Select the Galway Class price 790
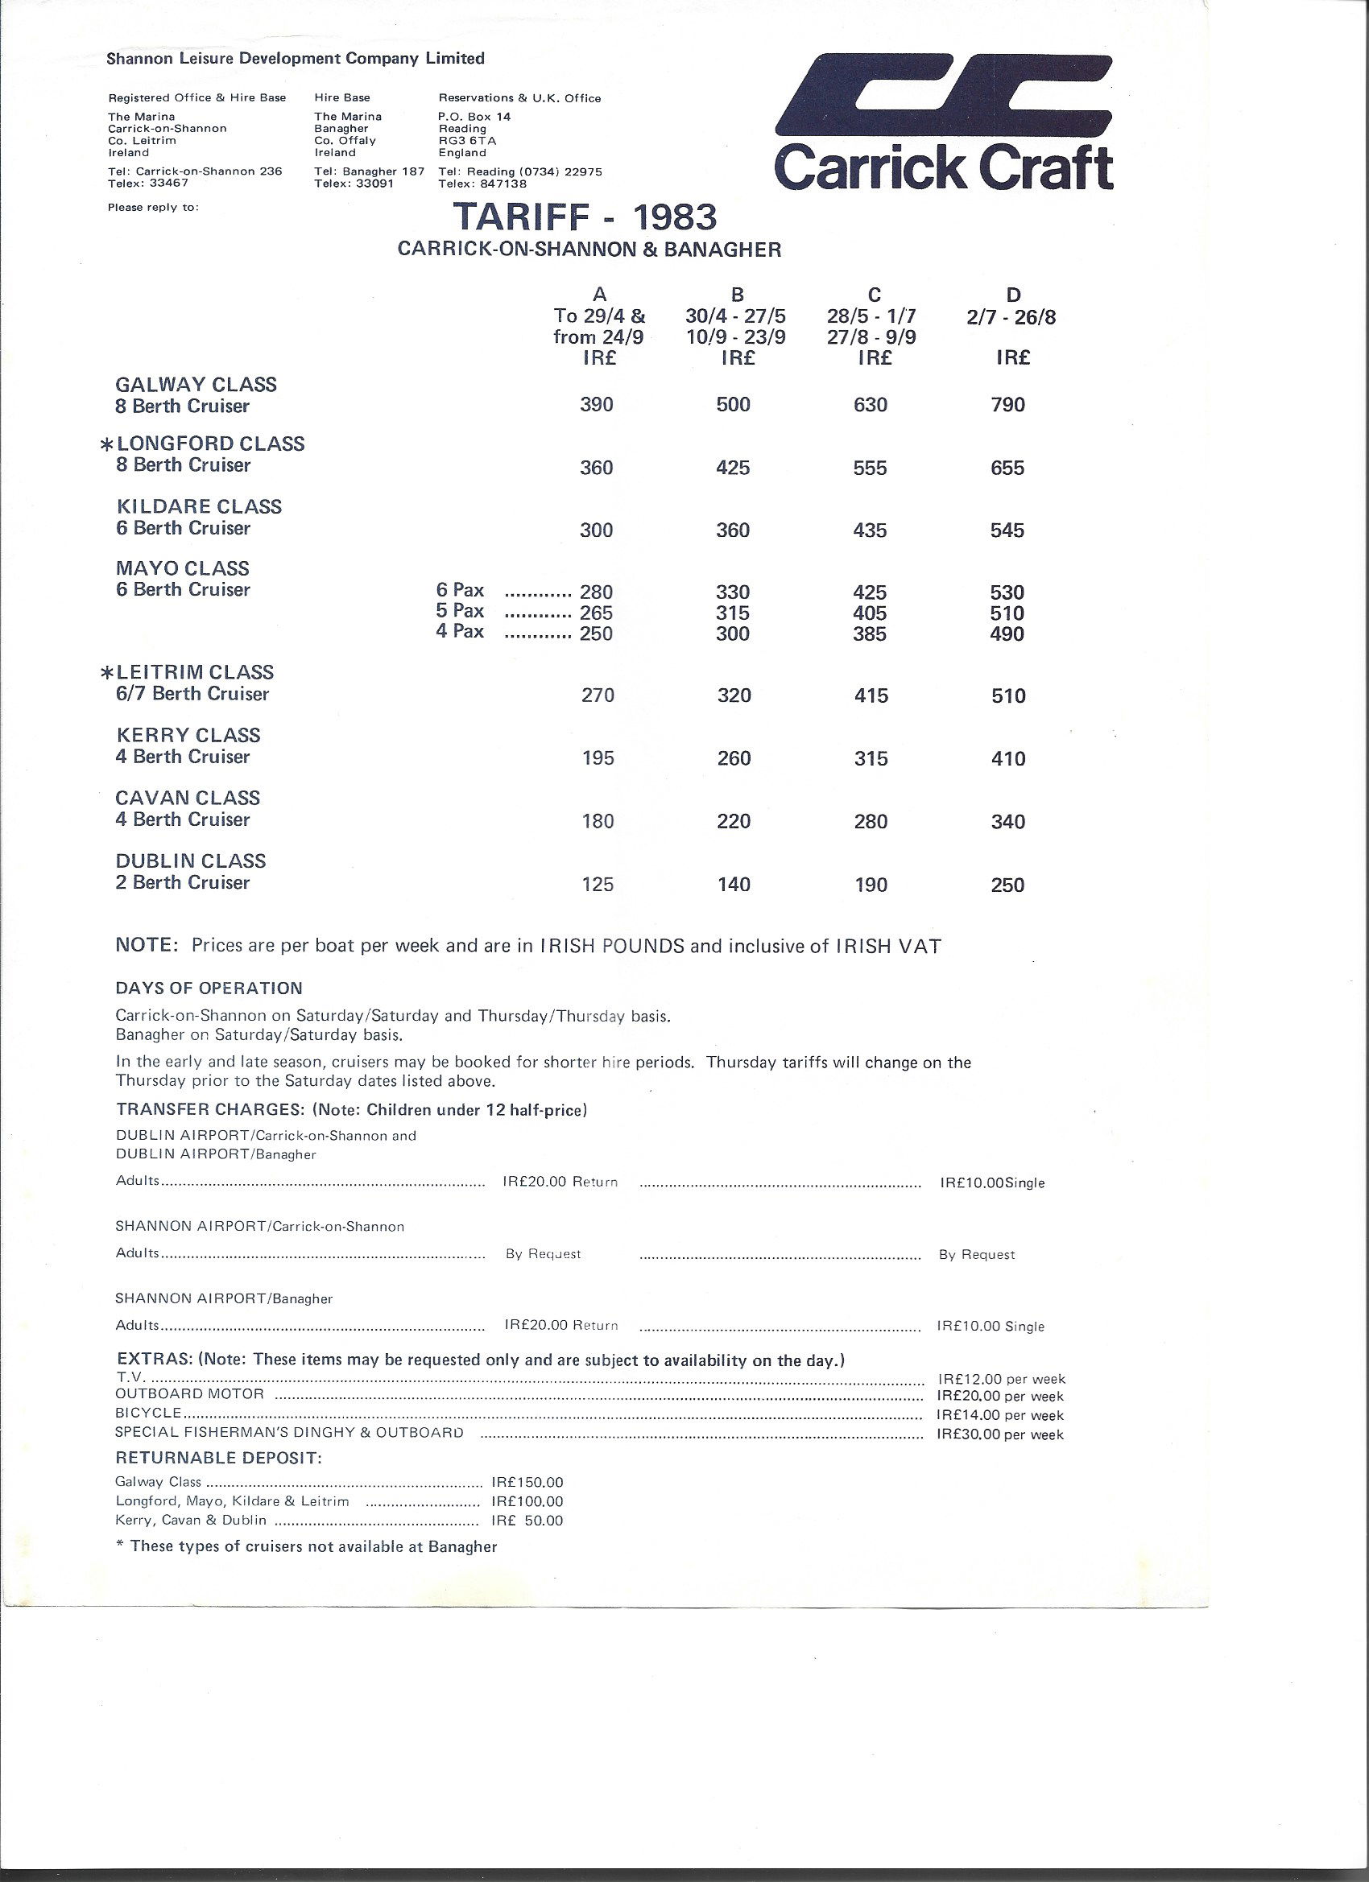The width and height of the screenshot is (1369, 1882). click(1008, 405)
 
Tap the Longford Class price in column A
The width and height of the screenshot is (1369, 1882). click(596, 468)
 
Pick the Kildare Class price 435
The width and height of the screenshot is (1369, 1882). click(870, 530)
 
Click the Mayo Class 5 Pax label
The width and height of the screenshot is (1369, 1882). click(460, 612)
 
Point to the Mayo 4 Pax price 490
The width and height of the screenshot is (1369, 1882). click(1007, 634)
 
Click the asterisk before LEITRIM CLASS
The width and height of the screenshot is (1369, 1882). click(106, 673)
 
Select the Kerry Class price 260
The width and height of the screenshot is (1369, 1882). click(733, 758)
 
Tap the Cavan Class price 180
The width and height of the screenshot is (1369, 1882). click(597, 822)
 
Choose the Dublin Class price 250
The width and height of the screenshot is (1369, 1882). click(1007, 885)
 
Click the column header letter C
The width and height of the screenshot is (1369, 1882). click(874, 295)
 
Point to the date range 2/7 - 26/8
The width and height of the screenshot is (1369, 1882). click(1011, 318)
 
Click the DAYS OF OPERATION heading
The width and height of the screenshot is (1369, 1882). click(209, 988)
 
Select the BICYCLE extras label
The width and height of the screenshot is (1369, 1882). click(148, 1413)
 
